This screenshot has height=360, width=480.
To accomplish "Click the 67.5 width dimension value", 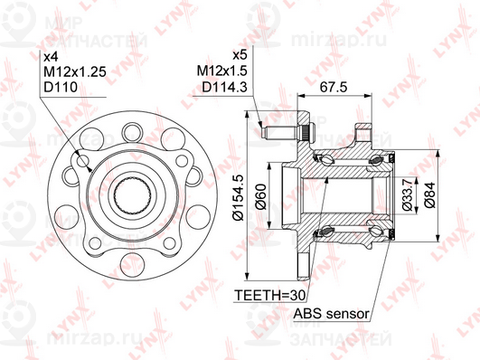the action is pos(334,88).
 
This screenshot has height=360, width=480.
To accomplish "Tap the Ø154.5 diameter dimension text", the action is pos(239,197).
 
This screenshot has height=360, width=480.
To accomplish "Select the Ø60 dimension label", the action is pos(260,196).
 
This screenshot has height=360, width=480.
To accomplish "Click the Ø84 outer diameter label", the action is pos(429,194).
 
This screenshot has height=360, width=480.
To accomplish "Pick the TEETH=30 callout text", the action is pos(270,296).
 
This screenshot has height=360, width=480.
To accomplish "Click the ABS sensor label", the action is pos(331,314).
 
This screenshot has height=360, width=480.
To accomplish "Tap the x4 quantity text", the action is pos(51,57).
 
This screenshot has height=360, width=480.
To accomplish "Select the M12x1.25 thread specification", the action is pos(75,72).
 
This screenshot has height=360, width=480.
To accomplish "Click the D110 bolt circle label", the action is pos(61,87).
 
